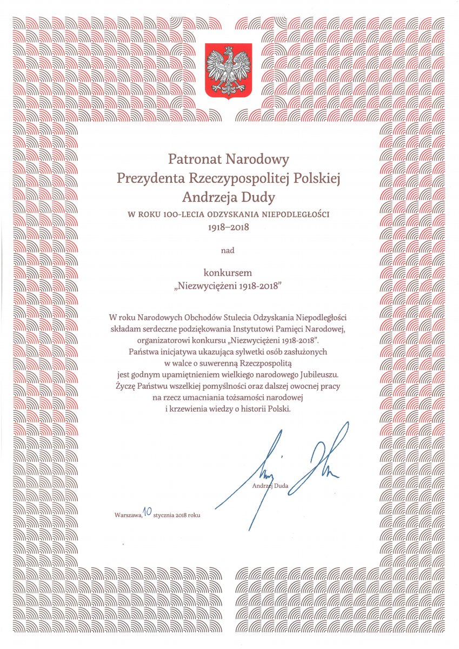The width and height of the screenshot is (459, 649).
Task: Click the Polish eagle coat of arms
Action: (x=229, y=71)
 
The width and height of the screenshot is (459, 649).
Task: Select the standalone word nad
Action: (x=229, y=250)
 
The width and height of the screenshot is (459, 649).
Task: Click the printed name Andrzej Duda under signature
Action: (x=270, y=486)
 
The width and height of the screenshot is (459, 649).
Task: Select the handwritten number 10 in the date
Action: (x=147, y=512)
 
